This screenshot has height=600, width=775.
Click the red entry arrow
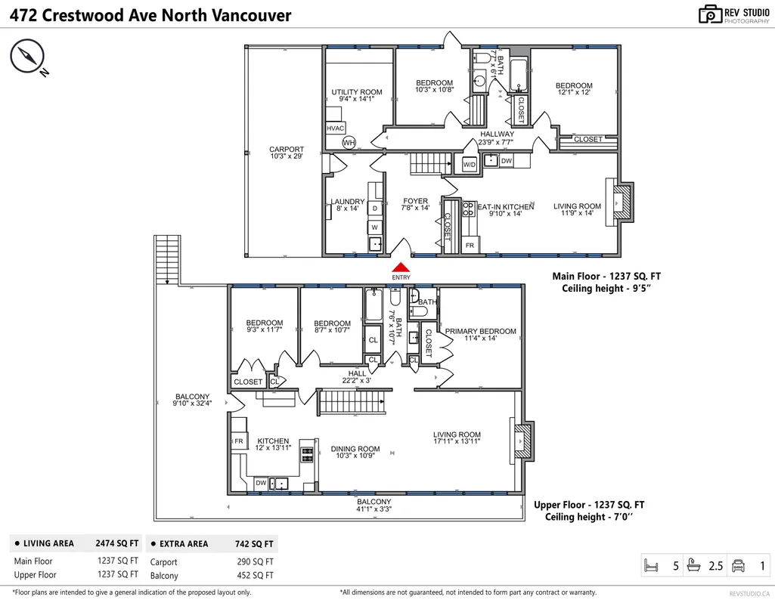pyautogui.click(x=401, y=268)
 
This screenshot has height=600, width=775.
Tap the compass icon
pyautogui.click(x=27, y=56)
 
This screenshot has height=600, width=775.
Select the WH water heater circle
pyautogui.click(x=349, y=143)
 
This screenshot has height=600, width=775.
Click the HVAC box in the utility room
pyautogui.click(x=335, y=128)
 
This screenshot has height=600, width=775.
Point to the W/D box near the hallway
pyautogui.click(x=469, y=165)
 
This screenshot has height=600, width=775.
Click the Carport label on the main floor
pyautogui.click(x=287, y=153)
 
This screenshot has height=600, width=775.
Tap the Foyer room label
pyautogui.click(x=415, y=205)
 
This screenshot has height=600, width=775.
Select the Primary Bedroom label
pyautogui.click(x=480, y=335)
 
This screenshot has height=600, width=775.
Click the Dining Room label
pyautogui.click(x=355, y=452)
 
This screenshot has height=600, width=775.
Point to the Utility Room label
pyautogui.click(x=357, y=95)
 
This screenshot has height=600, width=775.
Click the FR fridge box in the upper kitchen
pyautogui.click(x=239, y=441)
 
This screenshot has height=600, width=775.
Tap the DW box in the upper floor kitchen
pyautogui.click(x=261, y=483)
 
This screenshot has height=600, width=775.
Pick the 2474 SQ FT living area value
pyautogui.click(x=117, y=543)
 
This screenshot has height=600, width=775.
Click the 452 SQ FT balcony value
pyautogui.click(x=255, y=575)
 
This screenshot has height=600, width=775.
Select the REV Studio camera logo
pyautogui.click(x=710, y=14)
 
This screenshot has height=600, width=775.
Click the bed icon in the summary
pyautogui.click(x=652, y=565)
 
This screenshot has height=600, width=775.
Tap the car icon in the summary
pyautogui.click(x=738, y=565)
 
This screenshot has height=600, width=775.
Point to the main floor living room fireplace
pyautogui.click(x=620, y=202)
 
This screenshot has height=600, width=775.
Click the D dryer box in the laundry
pyautogui.click(x=375, y=209)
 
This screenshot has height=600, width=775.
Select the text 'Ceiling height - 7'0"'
pyautogui.click(x=589, y=517)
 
